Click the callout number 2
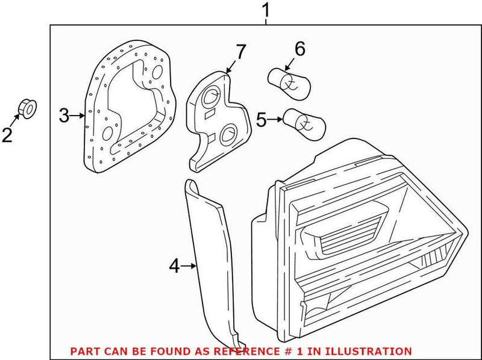(7, 135)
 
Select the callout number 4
(174, 265)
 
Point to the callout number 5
(261, 119)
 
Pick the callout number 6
(299, 48)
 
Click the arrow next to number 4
(189, 265)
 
